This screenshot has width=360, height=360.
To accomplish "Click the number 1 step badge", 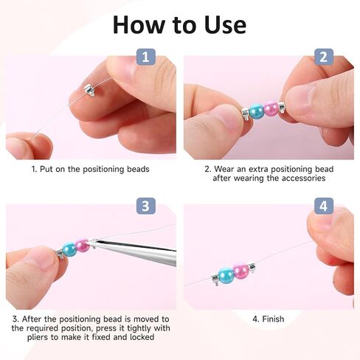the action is [146, 57].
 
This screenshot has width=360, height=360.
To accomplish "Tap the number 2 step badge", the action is [324, 57].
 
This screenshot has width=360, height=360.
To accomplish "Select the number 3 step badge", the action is [146, 206].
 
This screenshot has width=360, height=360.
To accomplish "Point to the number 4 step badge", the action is [324, 206].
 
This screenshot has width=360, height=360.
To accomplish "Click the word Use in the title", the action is [225, 25].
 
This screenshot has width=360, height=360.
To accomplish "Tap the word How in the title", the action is [139, 25].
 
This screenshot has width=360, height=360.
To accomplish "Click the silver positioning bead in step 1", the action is [90, 90].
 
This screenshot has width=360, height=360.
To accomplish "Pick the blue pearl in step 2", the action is [257, 111].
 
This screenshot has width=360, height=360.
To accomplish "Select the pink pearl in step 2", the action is [271, 108].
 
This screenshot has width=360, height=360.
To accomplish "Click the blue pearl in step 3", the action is [69, 249].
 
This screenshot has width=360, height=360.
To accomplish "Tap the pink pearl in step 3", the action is [83, 245].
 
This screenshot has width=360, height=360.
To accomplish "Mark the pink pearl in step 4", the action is [241, 271].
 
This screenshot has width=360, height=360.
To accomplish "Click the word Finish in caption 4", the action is [273, 319].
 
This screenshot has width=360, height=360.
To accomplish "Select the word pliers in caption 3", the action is [38, 337].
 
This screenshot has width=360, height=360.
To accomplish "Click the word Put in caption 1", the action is [46, 169].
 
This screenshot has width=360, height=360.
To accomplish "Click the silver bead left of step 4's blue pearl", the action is [215, 280].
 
